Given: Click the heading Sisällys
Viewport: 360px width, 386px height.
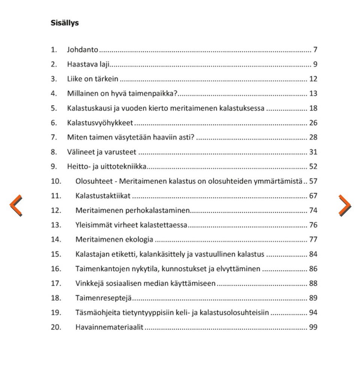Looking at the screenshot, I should [64, 23].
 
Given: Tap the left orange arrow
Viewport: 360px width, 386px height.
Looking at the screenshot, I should [16, 205].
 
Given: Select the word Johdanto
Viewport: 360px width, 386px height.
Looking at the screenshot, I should [82, 50].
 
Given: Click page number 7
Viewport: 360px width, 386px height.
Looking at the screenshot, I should [315, 50].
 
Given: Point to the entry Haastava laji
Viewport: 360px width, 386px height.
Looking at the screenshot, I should [88, 64].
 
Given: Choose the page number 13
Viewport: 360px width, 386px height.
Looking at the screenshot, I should [313, 93].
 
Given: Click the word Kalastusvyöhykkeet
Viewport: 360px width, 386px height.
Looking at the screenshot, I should [100, 123].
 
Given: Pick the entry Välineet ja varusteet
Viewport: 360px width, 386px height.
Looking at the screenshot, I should [102, 152].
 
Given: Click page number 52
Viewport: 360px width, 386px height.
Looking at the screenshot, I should [313, 167].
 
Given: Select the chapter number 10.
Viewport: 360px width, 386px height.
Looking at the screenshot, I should [56, 181].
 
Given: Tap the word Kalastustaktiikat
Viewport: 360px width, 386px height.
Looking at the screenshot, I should [103, 196].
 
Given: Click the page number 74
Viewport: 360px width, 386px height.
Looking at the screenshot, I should [313, 210].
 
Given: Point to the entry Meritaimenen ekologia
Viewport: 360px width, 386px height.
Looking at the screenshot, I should [114, 240].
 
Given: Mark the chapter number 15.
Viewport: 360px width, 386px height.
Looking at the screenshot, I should [56, 254].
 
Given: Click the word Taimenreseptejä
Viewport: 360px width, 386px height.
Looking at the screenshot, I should [104, 298].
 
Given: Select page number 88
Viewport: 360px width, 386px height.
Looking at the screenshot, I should [313, 283].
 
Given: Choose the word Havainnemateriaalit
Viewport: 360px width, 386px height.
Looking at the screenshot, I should [109, 327].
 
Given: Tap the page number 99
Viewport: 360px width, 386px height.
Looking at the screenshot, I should [313, 327].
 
